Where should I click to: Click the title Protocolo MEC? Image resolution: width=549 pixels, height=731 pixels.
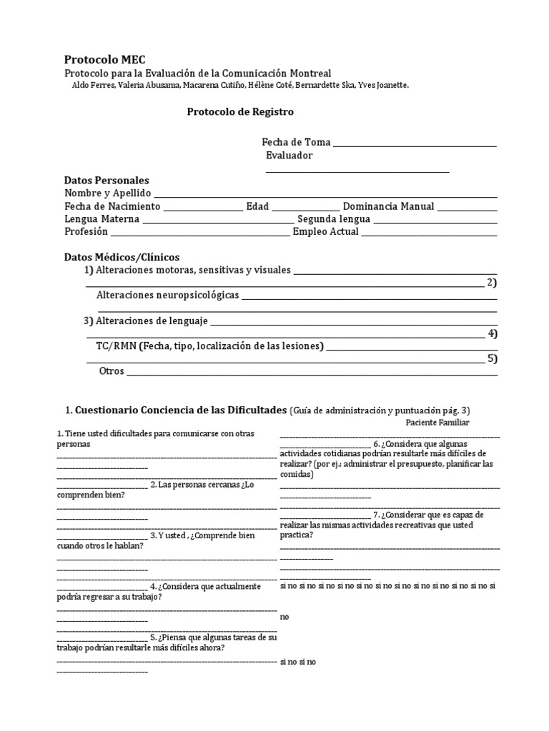click(x=104, y=60)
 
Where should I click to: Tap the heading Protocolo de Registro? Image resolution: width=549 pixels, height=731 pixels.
click(x=240, y=112)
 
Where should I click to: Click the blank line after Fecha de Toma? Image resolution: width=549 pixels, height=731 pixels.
click(x=415, y=145)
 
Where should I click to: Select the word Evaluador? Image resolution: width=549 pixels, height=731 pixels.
click(x=289, y=156)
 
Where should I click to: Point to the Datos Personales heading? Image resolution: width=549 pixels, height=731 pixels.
click(x=107, y=181)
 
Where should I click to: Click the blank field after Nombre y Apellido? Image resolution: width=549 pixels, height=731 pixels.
click(x=325, y=195)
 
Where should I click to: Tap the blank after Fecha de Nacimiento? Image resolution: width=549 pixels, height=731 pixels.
click(x=203, y=208)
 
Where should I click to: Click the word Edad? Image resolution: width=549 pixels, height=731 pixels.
click(x=257, y=206)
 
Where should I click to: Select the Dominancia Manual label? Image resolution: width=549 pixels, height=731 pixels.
click(x=388, y=206)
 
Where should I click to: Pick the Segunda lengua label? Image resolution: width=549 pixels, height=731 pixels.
click(x=334, y=219)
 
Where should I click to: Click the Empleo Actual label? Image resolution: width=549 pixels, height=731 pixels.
click(x=326, y=232)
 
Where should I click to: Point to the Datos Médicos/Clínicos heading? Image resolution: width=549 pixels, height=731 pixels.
click(x=122, y=256)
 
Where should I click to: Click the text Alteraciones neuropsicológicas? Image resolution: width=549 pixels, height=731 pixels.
click(x=167, y=295)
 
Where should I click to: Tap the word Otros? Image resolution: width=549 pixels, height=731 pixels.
click(x=112, y=371)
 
